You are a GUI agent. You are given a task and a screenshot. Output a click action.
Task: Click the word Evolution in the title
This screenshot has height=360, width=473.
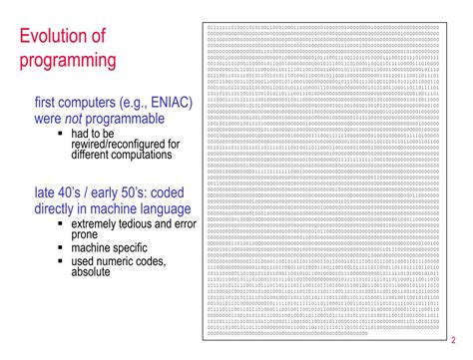coord(56,38)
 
